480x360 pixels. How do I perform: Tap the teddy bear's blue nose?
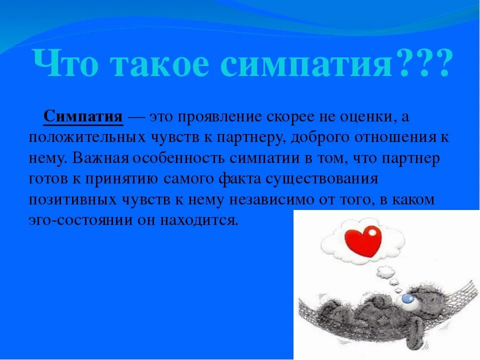click(408, 299)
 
